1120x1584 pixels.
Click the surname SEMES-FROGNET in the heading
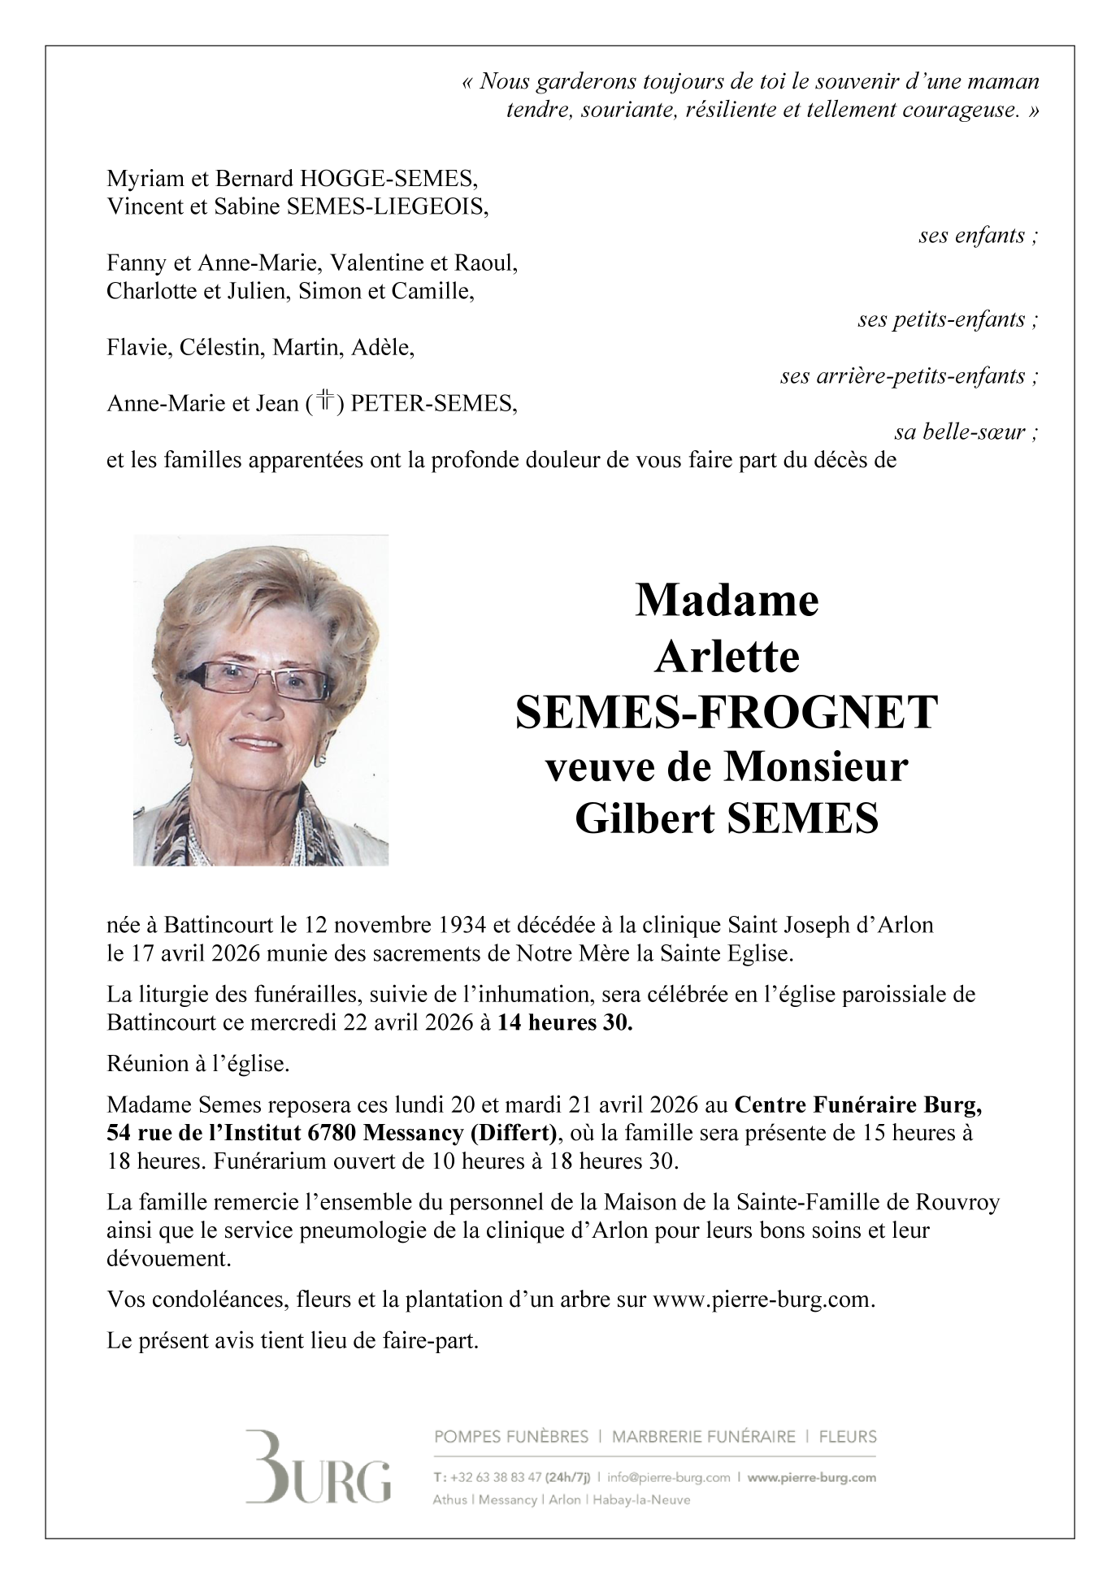point(726,712)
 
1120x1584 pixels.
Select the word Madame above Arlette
point(726,601)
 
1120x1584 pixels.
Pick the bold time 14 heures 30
point(565,1023)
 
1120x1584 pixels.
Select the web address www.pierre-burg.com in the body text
point(762,1300)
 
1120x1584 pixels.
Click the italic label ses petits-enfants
point(948,319)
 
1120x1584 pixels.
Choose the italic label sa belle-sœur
point(966,432)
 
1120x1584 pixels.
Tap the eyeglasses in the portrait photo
point(254,679)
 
